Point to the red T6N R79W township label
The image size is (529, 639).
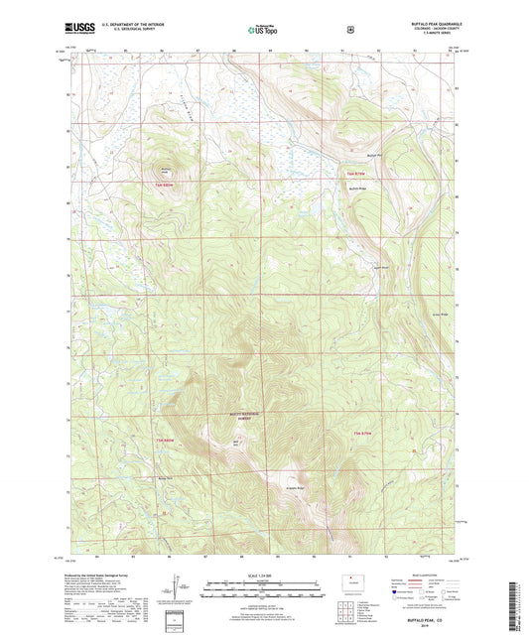click(342, 176)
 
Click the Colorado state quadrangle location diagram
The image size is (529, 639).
click(351, 580)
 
